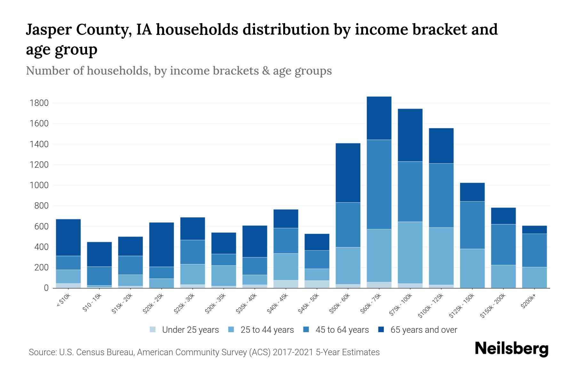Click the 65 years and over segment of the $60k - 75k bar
(379, 118)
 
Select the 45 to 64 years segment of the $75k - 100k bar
(410, 191)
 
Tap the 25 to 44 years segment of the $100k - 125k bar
(441, 256)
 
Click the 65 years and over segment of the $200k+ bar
(534, 229)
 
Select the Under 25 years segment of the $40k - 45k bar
(286, 284)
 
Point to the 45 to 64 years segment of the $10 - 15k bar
(100, 276)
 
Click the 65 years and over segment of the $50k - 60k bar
(348, 173)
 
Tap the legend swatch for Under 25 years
(153, 330)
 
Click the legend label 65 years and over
(424, 330)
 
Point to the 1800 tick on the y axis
(39, 103)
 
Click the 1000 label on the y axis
(39, 185)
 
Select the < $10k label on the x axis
(64, 300)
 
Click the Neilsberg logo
(511, 348)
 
